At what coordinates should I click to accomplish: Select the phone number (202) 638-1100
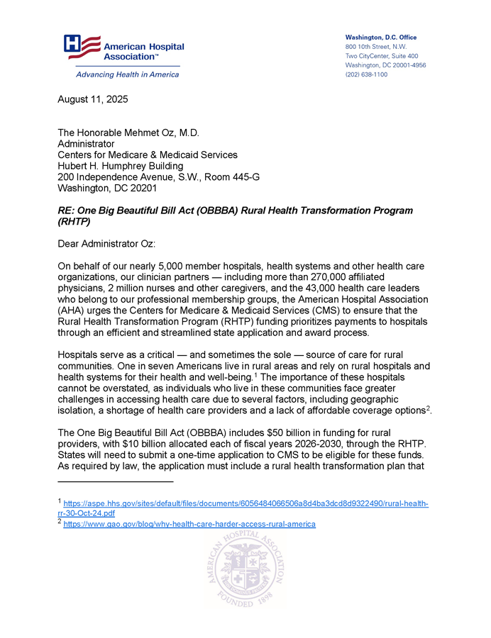click(x=366, y=74)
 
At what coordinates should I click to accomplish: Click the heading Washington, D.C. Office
click(x=381, y=38)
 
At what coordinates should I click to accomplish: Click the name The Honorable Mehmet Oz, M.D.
click(x=128, y=133)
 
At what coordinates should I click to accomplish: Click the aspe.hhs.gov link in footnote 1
click(x=245, y=503)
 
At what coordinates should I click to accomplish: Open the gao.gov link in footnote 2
click(x=189, y=524)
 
